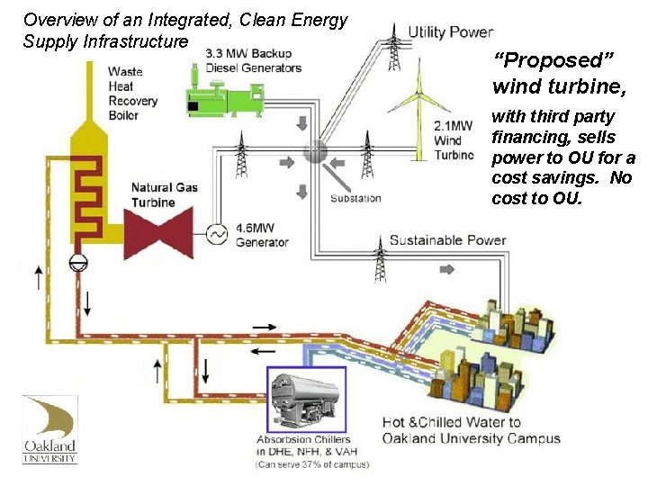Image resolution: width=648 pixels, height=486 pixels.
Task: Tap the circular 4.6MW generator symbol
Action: coord(216,234)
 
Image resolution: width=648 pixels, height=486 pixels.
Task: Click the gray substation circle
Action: coord(315,151)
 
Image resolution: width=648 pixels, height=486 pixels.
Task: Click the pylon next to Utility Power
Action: coord(393,50)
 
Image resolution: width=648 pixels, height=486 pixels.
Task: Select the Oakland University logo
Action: coord(49,429)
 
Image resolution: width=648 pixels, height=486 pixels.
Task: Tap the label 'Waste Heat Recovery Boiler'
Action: coord(132,93)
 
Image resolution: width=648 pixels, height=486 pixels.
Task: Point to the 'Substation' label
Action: coord(355,198)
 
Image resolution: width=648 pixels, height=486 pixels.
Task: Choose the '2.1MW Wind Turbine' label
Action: coord(453,140)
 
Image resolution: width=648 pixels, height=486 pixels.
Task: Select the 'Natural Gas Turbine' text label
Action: coord(165,194)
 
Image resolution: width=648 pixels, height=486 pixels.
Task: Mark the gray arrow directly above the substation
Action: coord(302,122)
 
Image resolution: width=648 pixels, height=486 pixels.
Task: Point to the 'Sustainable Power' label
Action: coord(447,240)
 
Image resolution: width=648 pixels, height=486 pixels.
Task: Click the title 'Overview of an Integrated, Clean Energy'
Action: coord(185,19)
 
